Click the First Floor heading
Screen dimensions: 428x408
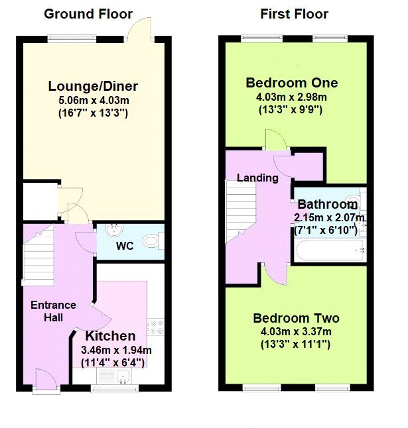click(x=294, y=14)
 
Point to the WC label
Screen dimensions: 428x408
click(x=125, y=246)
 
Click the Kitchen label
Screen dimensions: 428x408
click(x=109, y=336)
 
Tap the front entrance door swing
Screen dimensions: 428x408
click(x=44, y=381)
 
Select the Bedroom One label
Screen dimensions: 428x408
click(x=291, y=83)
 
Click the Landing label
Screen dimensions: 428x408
click(x=257, y=178)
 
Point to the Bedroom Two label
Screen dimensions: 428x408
click(x=296, y=318)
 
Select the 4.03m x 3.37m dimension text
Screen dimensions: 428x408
click(x=296, y=332)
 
